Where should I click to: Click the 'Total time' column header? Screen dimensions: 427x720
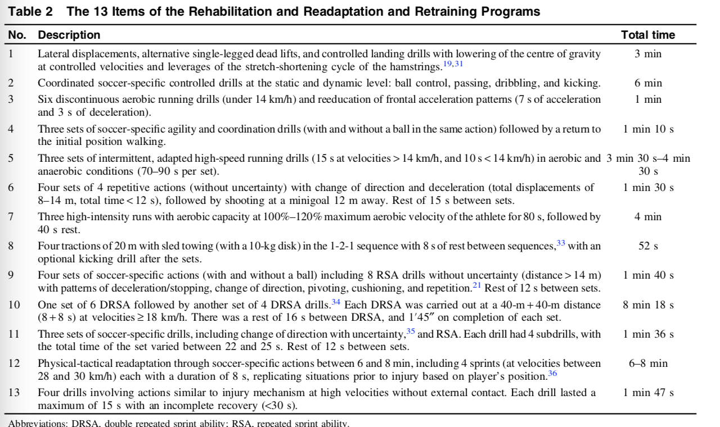(648, 35)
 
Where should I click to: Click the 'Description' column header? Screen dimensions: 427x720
(69, 35)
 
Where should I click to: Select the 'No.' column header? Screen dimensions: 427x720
(17, 35)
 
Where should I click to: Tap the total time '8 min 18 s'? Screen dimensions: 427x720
(648, 305)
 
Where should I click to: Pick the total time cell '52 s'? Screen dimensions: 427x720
(648, 246)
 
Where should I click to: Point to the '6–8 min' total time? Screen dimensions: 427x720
(648, 364)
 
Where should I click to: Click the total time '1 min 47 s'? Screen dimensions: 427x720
(648, 393)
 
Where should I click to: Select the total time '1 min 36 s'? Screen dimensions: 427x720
(648, 334)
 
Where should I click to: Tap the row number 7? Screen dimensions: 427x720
(11, 217)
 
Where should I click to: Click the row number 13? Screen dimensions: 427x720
(13, 393)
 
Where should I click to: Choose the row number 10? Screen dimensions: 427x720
(13, 305)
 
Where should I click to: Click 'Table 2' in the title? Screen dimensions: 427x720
(27, 12)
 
